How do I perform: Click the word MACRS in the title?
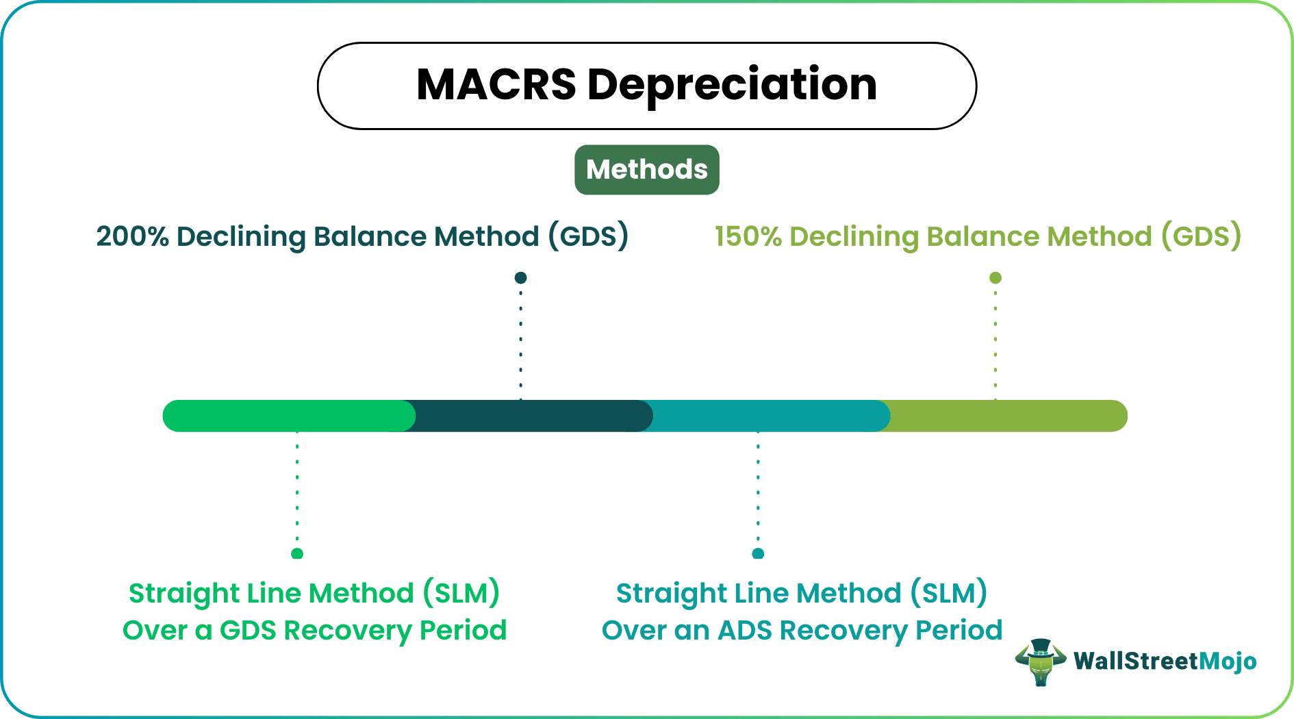496,86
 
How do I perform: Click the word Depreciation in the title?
732,86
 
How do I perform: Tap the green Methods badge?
646,170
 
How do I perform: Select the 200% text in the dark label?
132,237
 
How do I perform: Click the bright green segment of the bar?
288,416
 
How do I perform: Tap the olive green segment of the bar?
1006,416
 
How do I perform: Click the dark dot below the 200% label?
520,277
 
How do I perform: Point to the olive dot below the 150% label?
995,277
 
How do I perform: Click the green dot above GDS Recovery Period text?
296,553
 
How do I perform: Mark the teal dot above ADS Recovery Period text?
758,553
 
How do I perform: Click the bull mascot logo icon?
1040,661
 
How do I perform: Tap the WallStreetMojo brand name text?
1165,661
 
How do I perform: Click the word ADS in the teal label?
745,631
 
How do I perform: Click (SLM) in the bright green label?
461,594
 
